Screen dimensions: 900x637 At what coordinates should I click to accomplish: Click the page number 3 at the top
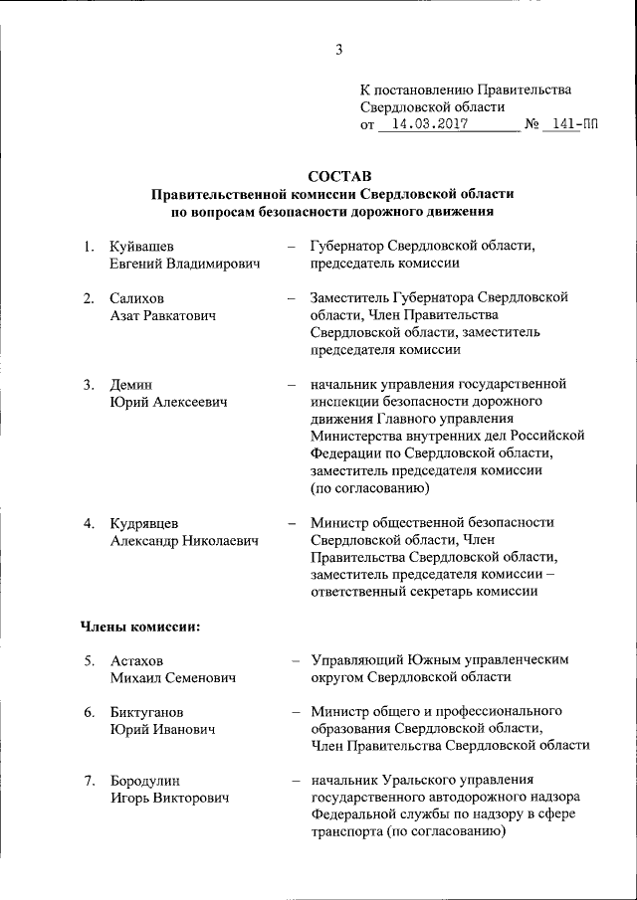coord(338,52)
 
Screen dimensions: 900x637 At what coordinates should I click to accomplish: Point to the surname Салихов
coord(138,297)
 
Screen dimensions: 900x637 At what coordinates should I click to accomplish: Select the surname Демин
coord(131,384)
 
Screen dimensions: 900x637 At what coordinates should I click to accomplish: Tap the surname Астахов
coord(137,660)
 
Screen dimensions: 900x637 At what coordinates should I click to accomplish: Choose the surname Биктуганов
coord(146,712)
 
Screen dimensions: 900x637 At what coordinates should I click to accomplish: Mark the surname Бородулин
coord(146,781)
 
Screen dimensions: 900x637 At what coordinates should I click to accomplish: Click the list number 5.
coord(89,660)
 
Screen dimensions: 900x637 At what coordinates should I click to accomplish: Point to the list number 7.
coord(89,781)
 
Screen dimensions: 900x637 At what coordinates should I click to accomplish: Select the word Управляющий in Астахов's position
coord(359,660)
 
